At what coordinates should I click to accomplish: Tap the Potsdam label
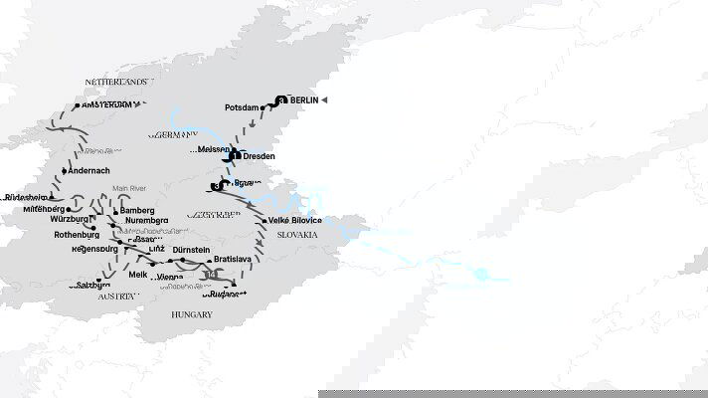click(x=242, y=107)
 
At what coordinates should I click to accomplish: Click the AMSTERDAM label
click(x=108, y=104)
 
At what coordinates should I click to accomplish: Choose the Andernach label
click(x=92, y=171)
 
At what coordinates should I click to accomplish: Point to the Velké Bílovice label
click(x=299, y=221)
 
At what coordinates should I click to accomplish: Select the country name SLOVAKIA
click(x=298, y=235)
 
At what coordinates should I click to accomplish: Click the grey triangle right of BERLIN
click(x=323, y=100)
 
